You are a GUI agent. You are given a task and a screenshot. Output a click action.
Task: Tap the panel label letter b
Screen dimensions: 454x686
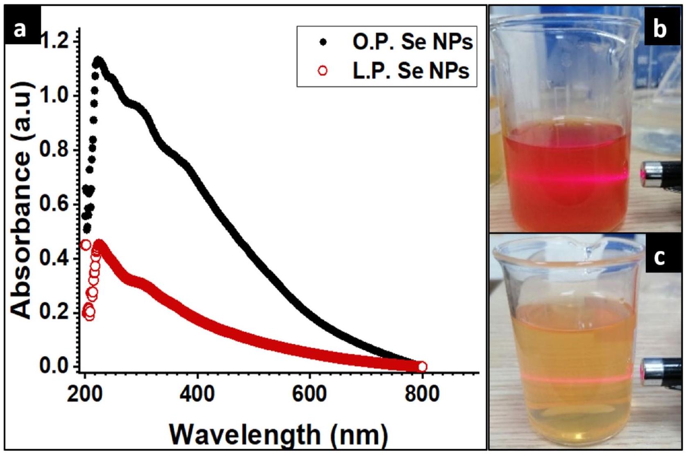pos(660,30)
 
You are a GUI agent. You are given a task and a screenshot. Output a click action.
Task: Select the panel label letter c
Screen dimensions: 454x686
pos(660,258)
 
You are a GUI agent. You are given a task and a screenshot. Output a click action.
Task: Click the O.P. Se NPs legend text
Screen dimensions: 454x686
pos(412,42)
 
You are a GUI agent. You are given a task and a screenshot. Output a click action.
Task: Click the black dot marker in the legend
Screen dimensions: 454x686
pos(323,42)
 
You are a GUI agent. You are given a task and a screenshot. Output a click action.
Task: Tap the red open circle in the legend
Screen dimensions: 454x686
pos(323,71)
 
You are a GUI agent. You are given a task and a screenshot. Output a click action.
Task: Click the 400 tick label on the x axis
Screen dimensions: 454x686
pos(198,394)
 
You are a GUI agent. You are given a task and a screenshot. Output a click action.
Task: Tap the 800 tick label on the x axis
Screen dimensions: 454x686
pos(422,394)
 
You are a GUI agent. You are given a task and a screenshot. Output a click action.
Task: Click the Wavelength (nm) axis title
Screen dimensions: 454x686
pos(279,434)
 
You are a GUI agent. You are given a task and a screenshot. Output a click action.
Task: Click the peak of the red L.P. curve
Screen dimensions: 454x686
pos(99,245)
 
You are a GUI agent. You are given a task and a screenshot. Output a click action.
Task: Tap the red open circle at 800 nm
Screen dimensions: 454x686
pos(422,366)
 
